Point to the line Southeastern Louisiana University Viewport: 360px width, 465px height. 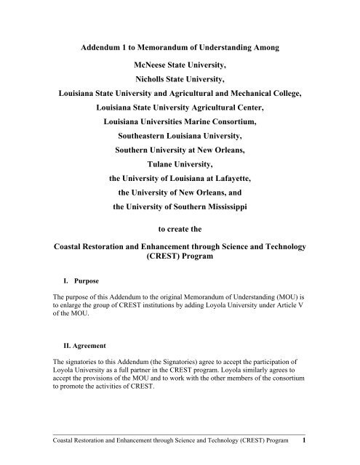[x=180, y=148]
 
